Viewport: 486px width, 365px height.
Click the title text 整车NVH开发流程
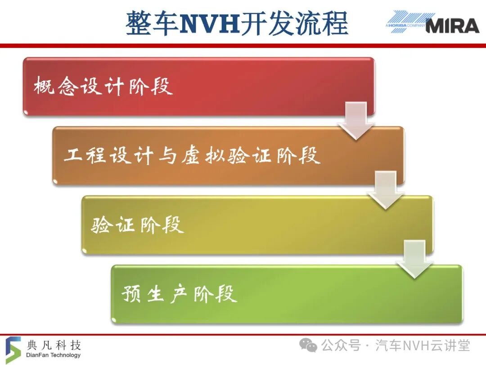click(237, 23)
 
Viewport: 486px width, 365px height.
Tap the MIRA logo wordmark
click(453, 25)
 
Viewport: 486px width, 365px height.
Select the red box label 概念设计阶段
click(103, 86)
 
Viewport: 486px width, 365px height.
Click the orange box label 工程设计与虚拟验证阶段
click(192, 155)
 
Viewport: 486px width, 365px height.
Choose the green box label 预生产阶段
click(180, 294)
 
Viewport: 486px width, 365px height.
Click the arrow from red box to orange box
click(356, 120)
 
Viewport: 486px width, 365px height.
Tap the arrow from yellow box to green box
click(415, 260)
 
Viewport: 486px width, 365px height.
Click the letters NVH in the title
click(210, 23)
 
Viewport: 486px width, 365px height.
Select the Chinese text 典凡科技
click(54, 345)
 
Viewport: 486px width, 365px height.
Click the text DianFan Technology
click(53, 355)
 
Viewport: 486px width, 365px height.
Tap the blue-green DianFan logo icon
click(13, 350)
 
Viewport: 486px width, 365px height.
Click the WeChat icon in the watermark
click(308, 346)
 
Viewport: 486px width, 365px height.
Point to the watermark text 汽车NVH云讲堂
click(423, 346)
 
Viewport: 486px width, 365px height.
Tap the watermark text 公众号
click(341, 346)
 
